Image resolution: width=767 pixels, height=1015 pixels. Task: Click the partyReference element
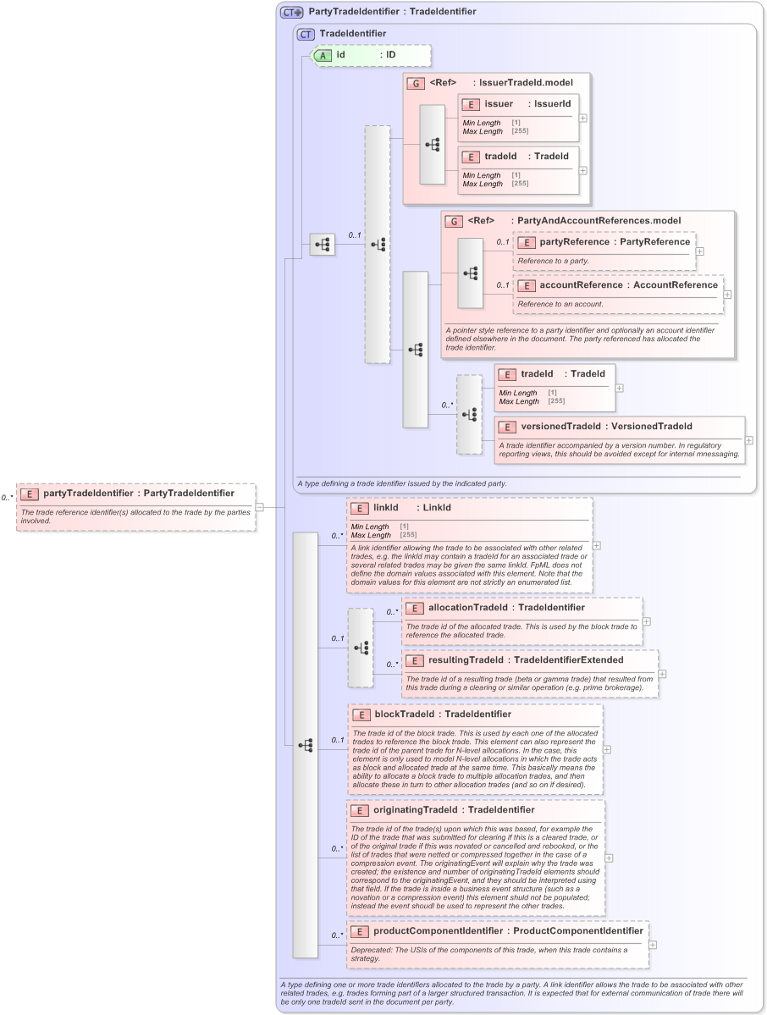[x=604, y=242]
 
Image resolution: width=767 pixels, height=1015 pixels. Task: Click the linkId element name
[x=386, y=508]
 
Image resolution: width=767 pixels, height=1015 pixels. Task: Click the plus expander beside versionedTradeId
[x=748, y=440]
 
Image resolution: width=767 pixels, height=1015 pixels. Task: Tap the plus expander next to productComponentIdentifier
[x=653, y=945]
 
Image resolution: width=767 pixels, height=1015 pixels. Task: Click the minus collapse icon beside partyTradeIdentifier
[x=260, y=507]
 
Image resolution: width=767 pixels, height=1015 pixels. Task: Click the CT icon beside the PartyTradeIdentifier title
[x=292, y=12]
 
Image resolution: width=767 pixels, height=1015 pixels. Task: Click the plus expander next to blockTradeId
[x=607, y=749]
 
